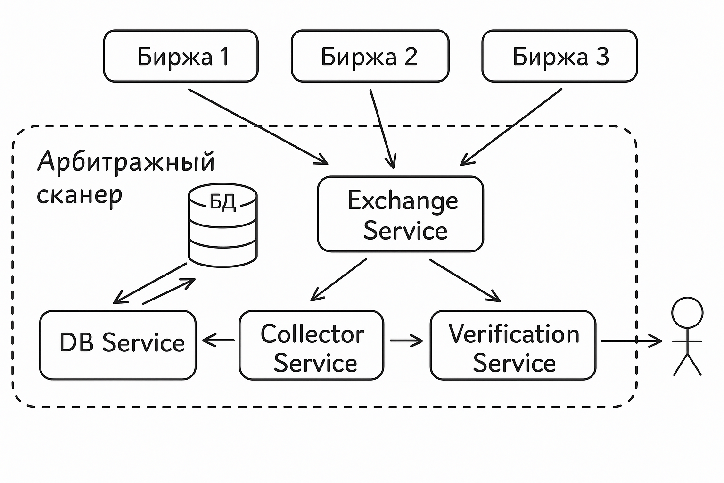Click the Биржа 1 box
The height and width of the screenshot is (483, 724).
tap(181, 56)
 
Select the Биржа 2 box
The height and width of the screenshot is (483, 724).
tap(370, 56)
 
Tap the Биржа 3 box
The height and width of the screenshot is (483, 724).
tap(559, 56)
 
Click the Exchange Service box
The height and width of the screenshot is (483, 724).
tap(401, 214)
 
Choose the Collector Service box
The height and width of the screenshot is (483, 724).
tap(312, 345)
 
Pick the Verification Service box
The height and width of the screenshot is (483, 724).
tap(513, 345)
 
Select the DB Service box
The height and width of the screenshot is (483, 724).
tap(118, 345)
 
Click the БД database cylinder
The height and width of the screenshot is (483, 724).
tap(222, 225)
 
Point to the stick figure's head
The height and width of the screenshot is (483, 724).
tap(687, 313)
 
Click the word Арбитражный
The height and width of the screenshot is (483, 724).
tap(126, 162)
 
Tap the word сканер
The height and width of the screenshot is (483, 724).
tap(80, 195)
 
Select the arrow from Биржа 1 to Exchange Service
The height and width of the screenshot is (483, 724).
tap(258, 126)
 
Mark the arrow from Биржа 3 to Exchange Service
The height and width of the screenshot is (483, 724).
tap(511, 127)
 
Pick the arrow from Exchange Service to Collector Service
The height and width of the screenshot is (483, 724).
tap(338, 280)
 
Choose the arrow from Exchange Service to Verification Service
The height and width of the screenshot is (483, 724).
tap(465, 281)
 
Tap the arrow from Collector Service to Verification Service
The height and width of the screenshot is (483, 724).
tap(406, 341)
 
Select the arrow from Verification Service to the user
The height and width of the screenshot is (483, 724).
tap(632, 341)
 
